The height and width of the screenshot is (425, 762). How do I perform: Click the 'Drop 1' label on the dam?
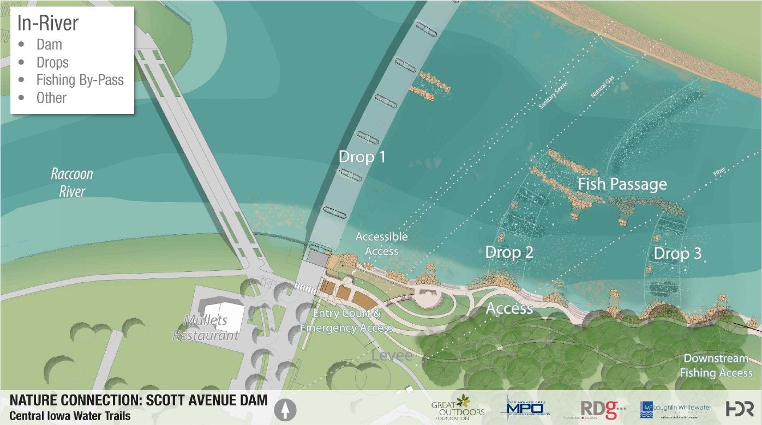point(362,157)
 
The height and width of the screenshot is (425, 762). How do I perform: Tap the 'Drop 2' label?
point(508,252)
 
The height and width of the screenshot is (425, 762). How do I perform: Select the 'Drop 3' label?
point(677,253)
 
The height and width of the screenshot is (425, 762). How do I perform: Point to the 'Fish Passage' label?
point(622,184)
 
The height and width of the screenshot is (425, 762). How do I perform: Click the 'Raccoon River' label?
point(71,183)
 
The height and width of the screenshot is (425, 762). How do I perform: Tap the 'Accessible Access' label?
point(381,244)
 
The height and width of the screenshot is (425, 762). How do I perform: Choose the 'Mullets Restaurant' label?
point(206,327)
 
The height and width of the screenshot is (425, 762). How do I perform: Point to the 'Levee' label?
point(392,356)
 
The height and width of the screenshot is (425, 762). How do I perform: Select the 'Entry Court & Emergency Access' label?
point(346,321)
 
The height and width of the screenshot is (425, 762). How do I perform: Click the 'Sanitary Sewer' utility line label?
point(553,95)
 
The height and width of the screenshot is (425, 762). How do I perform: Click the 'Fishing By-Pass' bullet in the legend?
point(80,80)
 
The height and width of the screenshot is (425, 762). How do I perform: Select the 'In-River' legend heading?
point(48,23)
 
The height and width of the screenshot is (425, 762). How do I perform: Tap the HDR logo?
point(739,409)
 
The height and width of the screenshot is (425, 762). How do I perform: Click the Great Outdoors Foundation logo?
point(458,408)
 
